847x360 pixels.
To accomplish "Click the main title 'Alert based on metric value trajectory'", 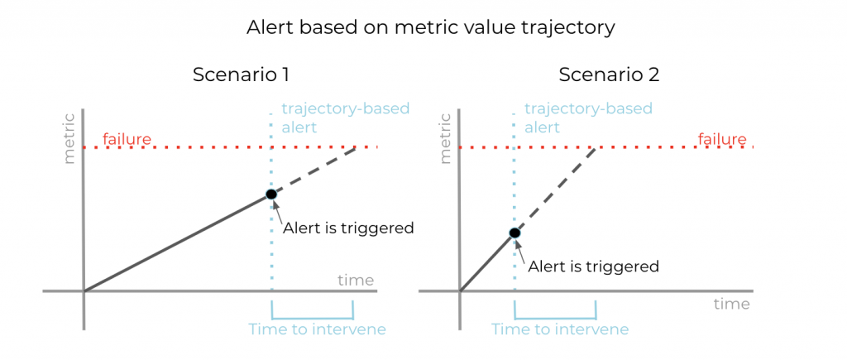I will tap(430, 27).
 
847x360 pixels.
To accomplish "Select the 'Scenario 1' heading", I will tap(241, 74).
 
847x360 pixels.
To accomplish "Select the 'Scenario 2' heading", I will tap(609, 74).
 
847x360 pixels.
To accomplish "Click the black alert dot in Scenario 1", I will tap(270, 194).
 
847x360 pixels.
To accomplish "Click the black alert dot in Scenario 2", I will tap(514, 233).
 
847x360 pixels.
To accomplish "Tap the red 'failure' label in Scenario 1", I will tap(127, 138).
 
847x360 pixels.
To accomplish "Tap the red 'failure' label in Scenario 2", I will tap(722, 138).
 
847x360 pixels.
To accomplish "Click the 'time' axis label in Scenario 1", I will tap(356, 280).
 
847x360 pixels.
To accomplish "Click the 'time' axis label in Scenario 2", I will tap(731, 304).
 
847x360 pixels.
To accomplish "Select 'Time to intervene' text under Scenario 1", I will tap(318, 329).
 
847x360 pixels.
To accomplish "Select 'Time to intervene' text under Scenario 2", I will tap(560, 329).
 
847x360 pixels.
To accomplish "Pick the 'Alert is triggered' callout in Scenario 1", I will tap(348, 228).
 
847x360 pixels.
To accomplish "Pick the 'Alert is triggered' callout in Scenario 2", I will tap(593, 266).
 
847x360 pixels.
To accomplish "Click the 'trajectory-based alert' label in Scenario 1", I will tap(345, 118).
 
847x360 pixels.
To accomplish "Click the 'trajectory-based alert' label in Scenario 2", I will tap(588, 118).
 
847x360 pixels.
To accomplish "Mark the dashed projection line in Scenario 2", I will tap(554, 190).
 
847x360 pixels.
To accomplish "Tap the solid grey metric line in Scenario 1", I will tap(178, 242).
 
